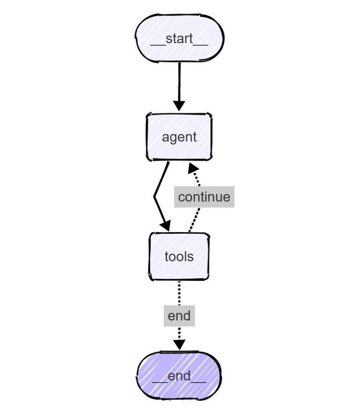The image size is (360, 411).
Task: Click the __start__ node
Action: click(180, 38)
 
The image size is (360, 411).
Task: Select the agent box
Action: click(179, 137)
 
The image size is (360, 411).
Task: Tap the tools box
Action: click(179, 256)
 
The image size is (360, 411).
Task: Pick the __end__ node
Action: click(179, 376)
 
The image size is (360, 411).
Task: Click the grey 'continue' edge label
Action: click(204, 197)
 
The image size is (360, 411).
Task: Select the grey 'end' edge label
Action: click(179, 316)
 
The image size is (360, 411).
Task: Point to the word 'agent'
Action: click(179, 137)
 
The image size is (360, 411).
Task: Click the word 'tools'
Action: click(179, 256)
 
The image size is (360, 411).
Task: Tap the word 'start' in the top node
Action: click(180, 38)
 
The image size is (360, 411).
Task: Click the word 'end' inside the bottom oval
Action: click(179, 376)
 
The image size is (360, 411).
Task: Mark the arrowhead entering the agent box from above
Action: click(179, 106)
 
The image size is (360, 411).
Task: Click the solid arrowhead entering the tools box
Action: click(166, 226)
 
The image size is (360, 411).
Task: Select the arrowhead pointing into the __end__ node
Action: click(179, 345)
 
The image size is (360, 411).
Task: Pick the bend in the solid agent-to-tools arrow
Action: click(155, 196)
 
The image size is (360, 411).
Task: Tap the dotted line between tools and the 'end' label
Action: click(179, 293)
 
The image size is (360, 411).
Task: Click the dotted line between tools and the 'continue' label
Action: click(194, 220)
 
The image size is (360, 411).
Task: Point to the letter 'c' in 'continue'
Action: click(181, 198)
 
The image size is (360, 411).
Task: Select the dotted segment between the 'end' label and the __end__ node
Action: click(179, 333)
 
